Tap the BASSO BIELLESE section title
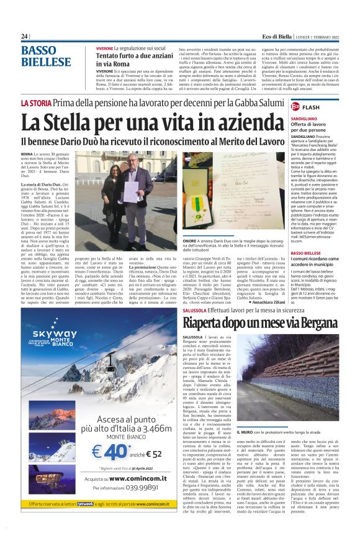tap(46, 57)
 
